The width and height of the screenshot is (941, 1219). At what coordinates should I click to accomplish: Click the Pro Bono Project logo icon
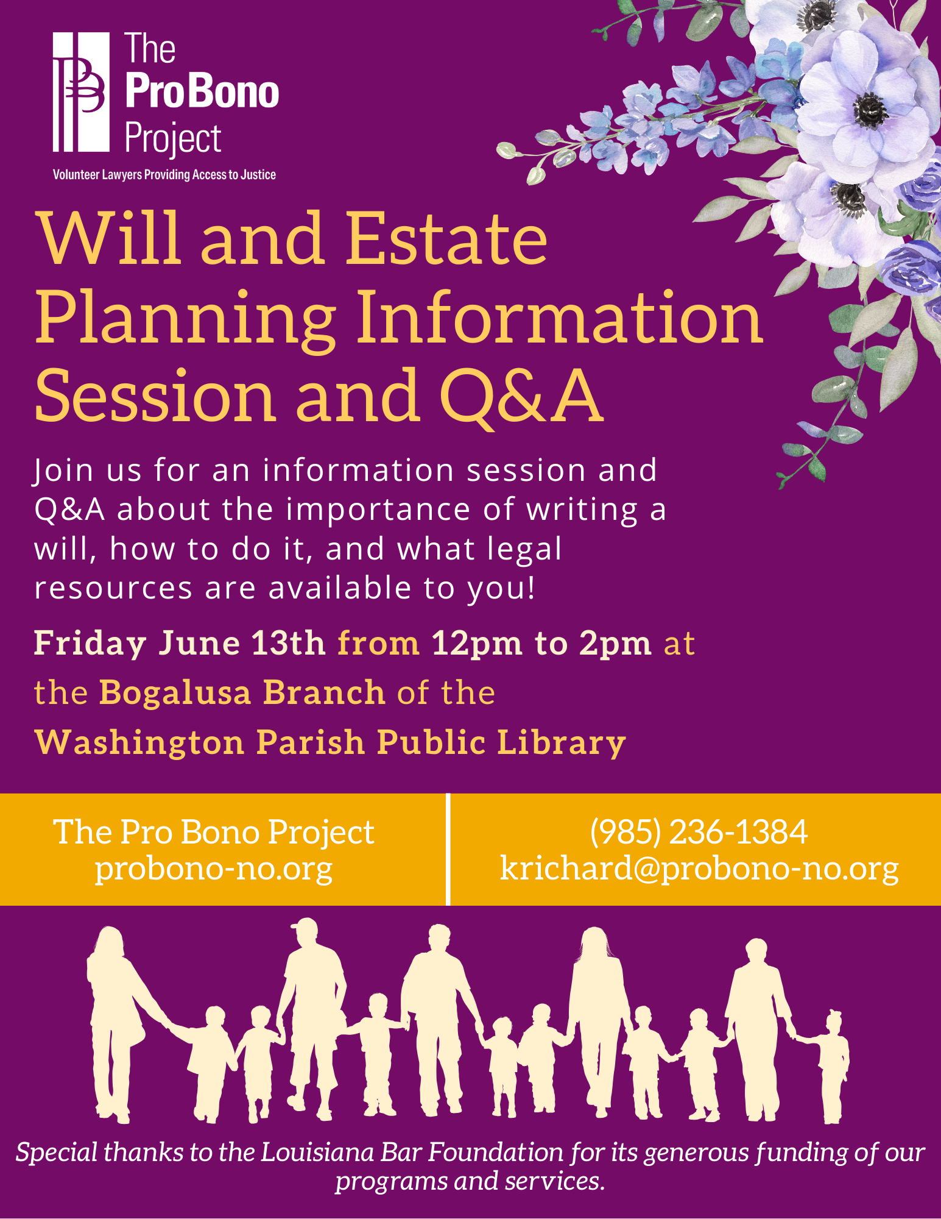81,91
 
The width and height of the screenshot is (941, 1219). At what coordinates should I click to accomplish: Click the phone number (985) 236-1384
699,831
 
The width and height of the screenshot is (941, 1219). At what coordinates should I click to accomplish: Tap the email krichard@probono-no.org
699,868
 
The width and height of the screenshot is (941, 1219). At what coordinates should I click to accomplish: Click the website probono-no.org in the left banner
214,869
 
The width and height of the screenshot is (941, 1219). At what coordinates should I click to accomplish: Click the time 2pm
615,644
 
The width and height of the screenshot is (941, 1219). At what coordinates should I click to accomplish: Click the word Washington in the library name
139,743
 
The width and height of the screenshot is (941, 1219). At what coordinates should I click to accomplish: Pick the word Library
562,743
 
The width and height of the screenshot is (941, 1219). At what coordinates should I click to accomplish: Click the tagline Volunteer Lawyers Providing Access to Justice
164,175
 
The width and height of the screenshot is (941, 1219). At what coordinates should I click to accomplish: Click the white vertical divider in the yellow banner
448,849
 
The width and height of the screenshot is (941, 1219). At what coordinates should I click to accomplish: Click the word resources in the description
113,589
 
